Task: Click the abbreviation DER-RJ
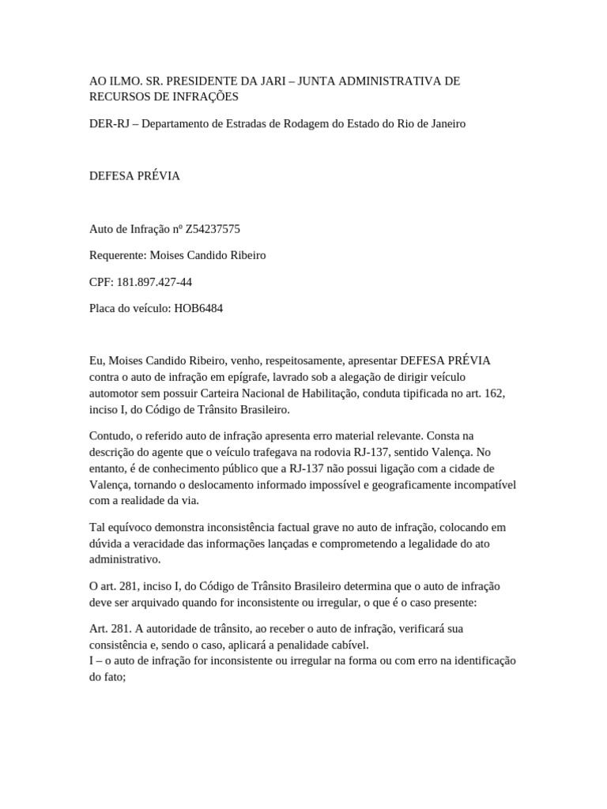click(x=107, y=124)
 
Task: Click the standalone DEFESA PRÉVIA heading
click(x=134, y=175)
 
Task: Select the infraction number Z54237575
click(x=213, y=229)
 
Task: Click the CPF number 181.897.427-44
click(x=154, y=282)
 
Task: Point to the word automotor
click(x=115, y=393)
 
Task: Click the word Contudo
click(x=111, y=435)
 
